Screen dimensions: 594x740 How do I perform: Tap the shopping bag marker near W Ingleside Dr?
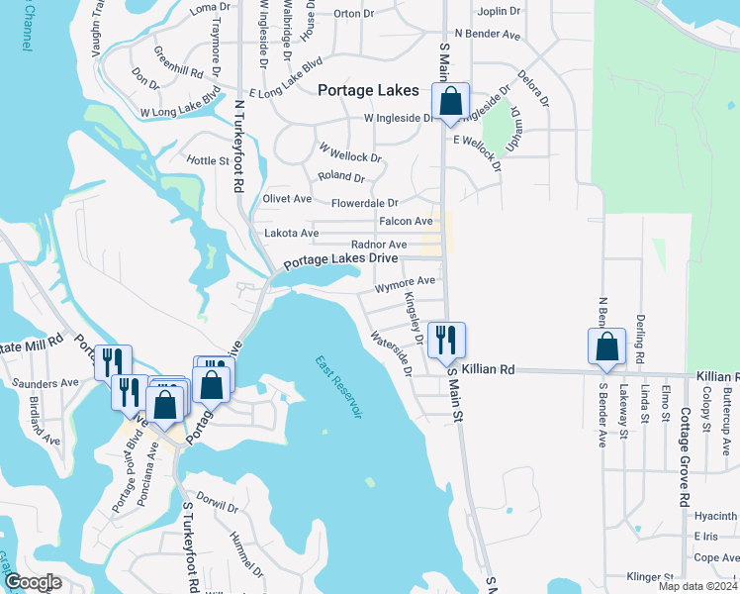(450, 103)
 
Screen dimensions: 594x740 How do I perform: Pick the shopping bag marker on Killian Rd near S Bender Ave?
(606, 347)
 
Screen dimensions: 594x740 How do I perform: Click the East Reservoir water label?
(339, 387)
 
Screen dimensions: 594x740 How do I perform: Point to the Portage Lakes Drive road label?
(341, 260)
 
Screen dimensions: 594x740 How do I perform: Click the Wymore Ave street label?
(406, 282)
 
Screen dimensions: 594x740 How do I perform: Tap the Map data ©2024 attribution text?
(697, 586)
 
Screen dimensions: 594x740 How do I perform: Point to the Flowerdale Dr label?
(364, 203)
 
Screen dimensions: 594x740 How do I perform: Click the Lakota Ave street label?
(292, 234)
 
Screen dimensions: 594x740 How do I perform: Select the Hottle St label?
(208, 160)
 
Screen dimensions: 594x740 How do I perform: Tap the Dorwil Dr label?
(218, 502)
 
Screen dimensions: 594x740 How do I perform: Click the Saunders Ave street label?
(44, 382)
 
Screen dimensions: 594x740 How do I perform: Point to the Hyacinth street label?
(714, 516)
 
